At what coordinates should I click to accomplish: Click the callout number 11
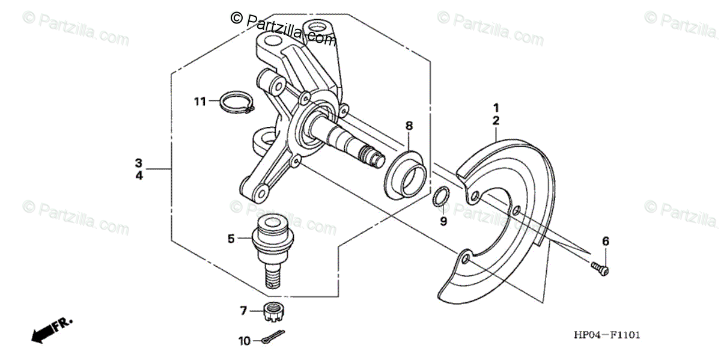click(x=199, y=101)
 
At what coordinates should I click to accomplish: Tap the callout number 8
click(x=409, y=126)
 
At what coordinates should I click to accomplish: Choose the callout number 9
click(x=443, y=221)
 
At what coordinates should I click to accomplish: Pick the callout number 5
click(x=231, y=239)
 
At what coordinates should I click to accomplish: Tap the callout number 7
click(x=244, y=311)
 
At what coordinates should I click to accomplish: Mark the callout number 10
click(x=244, y=341)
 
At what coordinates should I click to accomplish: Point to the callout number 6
click(x=605, y=241)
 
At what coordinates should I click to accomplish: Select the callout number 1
click(x=496, y=108)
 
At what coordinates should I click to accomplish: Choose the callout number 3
click(x=139, y=163)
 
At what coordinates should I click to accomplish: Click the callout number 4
click(x=139, y=176)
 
